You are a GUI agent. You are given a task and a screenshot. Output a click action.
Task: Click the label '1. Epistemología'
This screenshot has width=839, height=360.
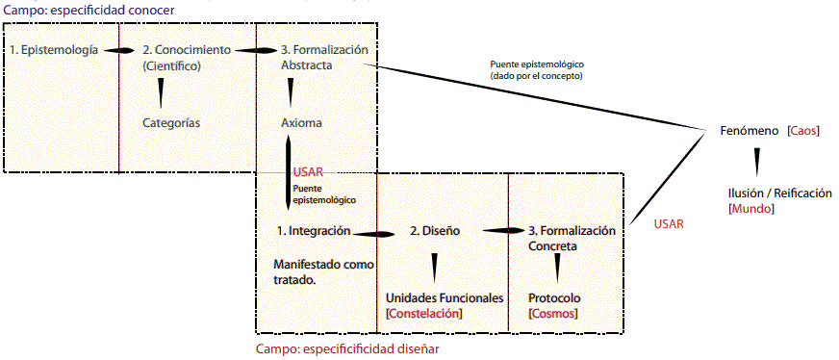(x=54, y=49)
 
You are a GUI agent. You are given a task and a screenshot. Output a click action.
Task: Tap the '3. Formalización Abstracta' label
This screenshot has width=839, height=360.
(x=324, y=58)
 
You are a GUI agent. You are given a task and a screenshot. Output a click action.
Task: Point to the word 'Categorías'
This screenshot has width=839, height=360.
(x=171, y=122)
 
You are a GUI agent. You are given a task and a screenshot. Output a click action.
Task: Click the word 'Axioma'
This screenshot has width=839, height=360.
(x=301, y=123)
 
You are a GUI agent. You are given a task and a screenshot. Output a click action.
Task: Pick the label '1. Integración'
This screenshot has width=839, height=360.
(x=313, y=231)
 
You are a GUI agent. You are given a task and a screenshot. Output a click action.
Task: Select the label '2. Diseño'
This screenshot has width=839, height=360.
(x=436, y=231)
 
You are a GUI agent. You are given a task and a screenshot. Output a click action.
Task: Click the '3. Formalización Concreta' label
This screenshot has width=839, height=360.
(x=571, y=239)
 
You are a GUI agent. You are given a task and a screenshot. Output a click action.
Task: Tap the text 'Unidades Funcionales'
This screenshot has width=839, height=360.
(x=445, y=298)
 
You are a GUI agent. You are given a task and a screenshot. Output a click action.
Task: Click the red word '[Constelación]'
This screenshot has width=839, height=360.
(x=423, y=314)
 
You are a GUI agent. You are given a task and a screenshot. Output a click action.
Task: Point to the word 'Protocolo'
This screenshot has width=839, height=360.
(x=554, y=298)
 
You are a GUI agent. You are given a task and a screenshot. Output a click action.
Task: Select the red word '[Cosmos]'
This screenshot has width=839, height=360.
(x=552, y=314)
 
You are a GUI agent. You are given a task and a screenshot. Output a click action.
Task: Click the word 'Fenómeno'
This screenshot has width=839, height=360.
(x=750, y=130)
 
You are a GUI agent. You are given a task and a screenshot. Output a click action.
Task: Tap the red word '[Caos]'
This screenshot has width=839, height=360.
(x=802, y=130)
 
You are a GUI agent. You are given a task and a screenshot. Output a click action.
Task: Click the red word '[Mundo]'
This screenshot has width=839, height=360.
(x=751, y=208)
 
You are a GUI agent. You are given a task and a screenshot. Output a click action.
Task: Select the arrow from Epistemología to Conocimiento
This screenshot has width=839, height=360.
(x=119, y=50)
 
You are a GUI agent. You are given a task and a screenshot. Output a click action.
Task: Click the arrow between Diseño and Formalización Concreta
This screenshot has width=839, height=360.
(x=501, y=231)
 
